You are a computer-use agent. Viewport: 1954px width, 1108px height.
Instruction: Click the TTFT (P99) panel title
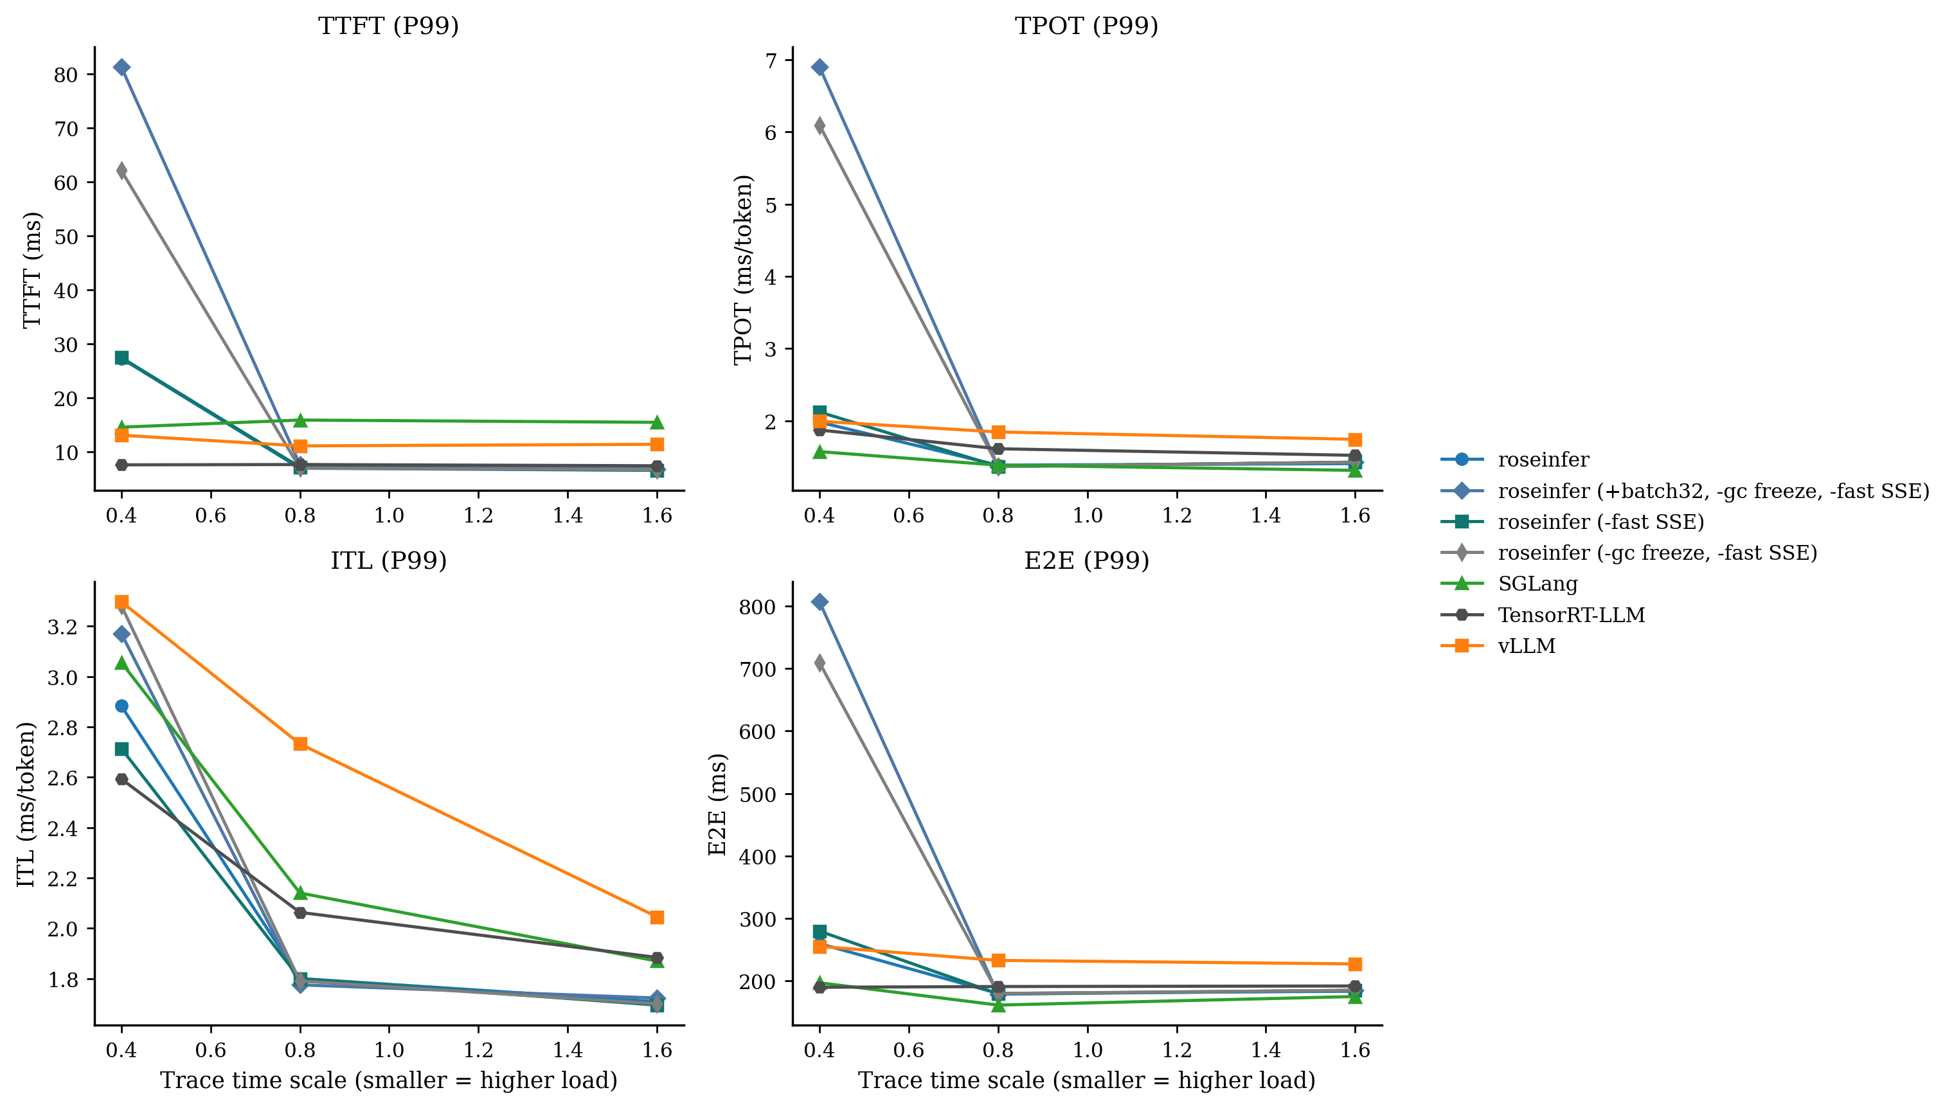click(388, 26)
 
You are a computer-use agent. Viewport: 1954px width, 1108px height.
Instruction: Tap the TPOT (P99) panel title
click(1086, 26)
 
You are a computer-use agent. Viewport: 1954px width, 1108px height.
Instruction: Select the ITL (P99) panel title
click(388, 561)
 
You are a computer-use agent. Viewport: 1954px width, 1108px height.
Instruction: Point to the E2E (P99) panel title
click(1086, 561)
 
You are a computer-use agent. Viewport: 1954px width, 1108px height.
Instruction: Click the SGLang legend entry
click(1537, 584)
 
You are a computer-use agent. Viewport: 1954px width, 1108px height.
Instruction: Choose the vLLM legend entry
click(1527, 646)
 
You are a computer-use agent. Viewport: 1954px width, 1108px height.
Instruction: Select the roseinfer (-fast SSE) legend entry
click(1600, 522)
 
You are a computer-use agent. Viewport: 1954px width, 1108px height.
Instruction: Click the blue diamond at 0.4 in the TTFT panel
click(121, 67)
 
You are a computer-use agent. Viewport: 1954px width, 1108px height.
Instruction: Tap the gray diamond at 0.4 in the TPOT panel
click(820, 125)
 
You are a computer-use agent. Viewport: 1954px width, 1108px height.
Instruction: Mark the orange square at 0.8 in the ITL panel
click(301, 744)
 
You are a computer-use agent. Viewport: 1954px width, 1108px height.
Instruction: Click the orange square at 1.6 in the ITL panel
click(658, 917)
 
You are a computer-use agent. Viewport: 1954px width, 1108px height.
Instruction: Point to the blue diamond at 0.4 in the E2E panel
click(820, 602)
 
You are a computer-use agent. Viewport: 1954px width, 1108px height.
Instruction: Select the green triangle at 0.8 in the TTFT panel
click(301, 420)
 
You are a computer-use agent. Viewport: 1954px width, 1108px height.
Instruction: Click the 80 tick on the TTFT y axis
click(66, 75)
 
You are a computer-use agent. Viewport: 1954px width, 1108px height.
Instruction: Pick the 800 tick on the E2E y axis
click(757, 607)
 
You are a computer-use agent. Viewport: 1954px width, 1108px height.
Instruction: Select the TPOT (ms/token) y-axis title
click(744, 269)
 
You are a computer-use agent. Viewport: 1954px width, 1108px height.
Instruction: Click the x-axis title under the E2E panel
click(1086, 1080)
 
